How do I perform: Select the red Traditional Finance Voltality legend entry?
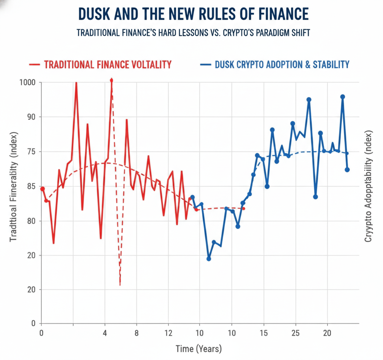tap(107, 65)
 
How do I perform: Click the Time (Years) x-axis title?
tap(198, 349)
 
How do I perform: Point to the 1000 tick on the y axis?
tap(28, 82)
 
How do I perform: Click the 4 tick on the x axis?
tap(105, 333)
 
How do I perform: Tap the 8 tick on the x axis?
tap(137, 333)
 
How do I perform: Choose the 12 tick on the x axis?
tap(168, 333)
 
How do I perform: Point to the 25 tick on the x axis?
tap(296, 333)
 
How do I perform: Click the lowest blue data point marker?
tap(209, 259)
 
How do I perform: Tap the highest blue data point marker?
tap(342, 97)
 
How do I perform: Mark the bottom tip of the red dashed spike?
tap(120, 285)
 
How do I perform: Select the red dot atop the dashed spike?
tap(111, 80)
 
